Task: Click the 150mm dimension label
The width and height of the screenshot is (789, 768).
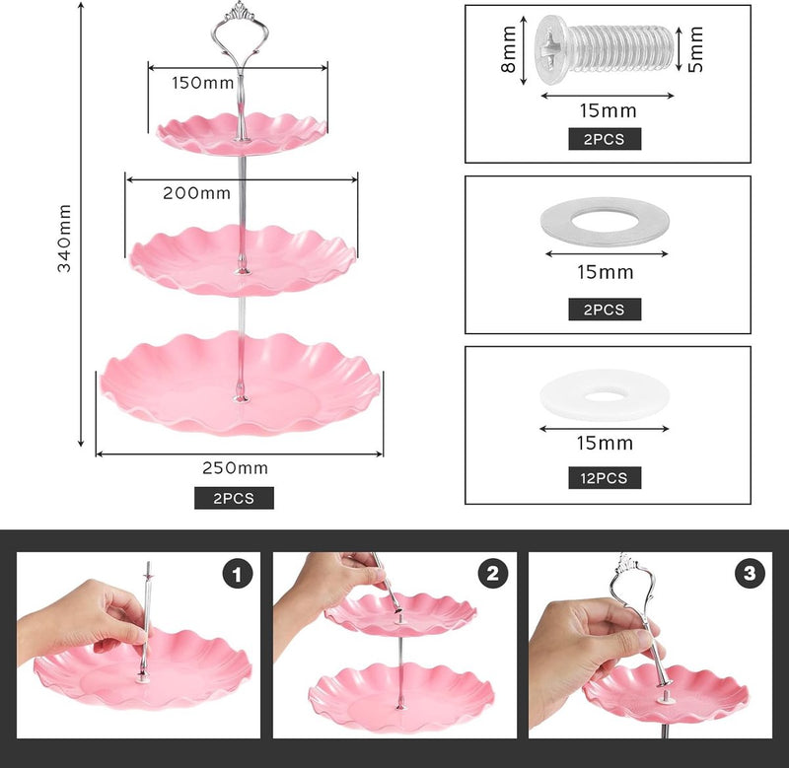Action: (x=203, y=83)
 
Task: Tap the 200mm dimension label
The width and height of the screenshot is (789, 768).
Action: (x=196, y=193)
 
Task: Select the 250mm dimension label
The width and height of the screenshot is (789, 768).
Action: (x=235, y=468)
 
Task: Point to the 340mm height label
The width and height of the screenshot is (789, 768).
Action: (x=64, y=239)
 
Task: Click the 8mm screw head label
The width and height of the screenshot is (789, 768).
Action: (x=509, y=49)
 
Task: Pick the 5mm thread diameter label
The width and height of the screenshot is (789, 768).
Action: (x=696, y=49)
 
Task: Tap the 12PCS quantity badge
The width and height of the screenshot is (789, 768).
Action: (x=605, y=478)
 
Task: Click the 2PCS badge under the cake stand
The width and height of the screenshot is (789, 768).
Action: (x=234, y=498)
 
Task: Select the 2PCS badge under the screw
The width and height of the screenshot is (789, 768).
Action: (x=605, y=139)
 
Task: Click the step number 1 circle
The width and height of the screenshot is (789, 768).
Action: (x=237, y=574)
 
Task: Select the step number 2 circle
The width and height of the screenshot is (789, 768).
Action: (x=493, y=574)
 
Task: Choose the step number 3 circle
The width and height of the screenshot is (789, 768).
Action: (x=750, y=574)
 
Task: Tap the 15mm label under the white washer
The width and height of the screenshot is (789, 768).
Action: (x=605, y=443)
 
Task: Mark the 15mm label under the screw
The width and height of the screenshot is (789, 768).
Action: (x=608, y=110)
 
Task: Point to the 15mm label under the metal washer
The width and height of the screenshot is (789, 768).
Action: (x=606, y=272)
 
